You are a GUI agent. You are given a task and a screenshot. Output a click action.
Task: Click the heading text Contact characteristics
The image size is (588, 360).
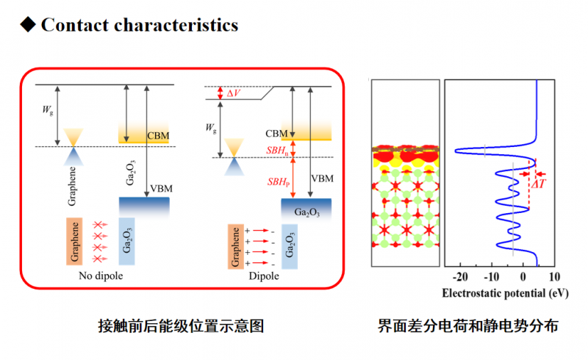(x=140, y=25)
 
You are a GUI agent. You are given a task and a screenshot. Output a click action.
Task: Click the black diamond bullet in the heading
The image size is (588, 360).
(x=28, y=25)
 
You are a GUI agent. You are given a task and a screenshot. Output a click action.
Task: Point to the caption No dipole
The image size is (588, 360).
(x=100, y=276)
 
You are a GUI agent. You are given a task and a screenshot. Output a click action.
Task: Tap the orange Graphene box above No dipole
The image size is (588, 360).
(x=76, y=241)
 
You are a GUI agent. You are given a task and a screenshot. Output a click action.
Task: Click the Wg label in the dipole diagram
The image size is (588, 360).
(x=212, y=127)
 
